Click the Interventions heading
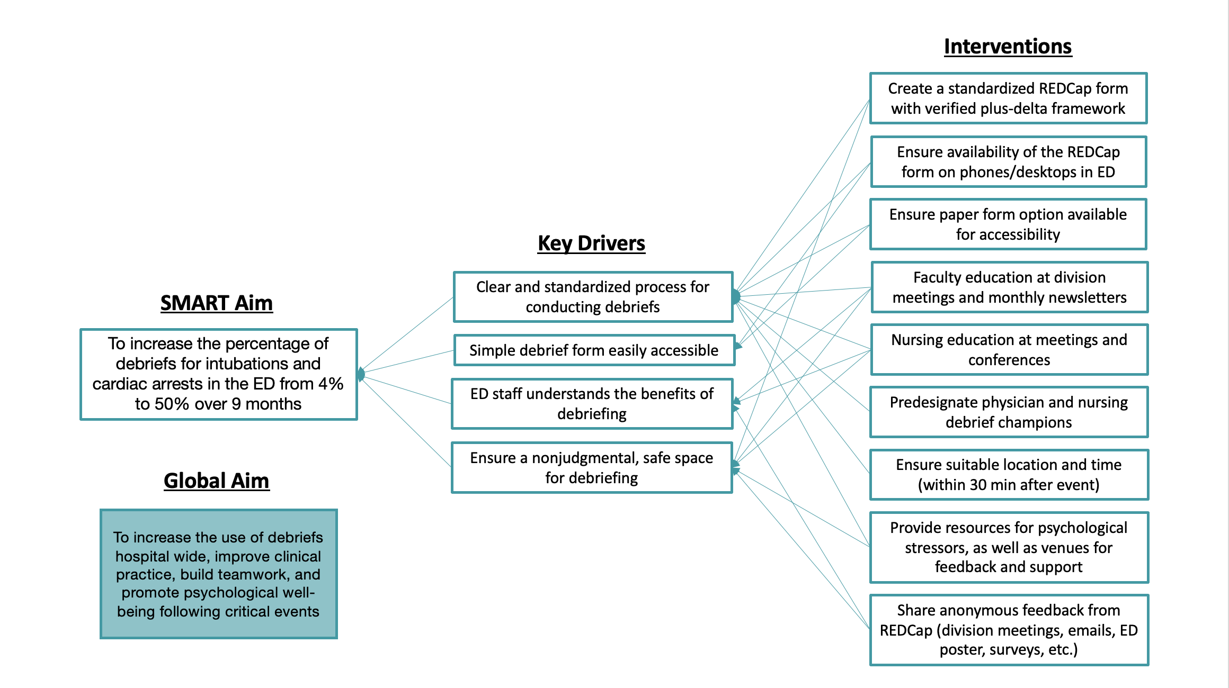[x=1008, y=47]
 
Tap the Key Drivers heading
[x=591, y=243]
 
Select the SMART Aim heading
[x=217, y=303]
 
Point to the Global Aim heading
[x=217, y=481]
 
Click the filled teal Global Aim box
[x=219, y=574]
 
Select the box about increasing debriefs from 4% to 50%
[x=219, y=374]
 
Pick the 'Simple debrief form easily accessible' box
[x=594, y=350]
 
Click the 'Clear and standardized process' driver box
[x=593, y=297]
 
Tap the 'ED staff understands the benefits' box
[x=592, y=404]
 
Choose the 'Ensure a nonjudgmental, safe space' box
[x=592, y=468]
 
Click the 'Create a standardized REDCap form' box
[x=1009, y=98]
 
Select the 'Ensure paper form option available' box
[x=1008, y=224]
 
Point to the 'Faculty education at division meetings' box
[x=1010, y=287]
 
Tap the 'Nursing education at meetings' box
[x=1010, y=350]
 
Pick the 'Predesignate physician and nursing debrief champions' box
[x=1009, y=412]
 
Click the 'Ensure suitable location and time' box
[x=1009, y=475]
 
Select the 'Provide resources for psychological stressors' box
[x=1009, y=547]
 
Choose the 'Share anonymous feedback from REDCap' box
[x=1009, y=630]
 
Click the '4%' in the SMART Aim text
[x=331, y=384]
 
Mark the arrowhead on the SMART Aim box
[x=361, y=374]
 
